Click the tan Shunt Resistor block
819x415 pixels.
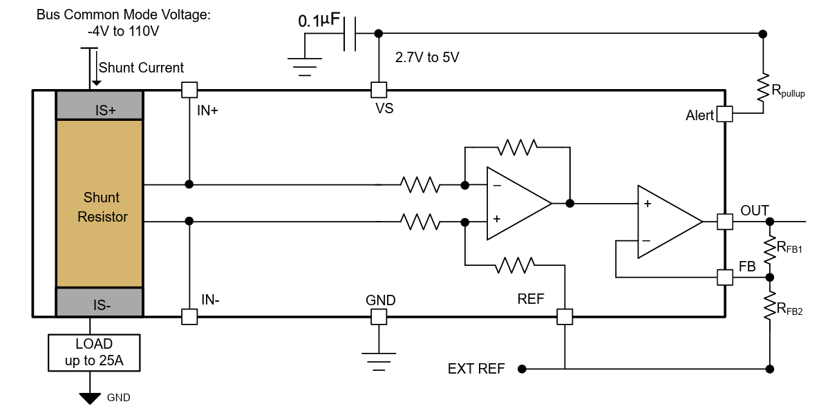(100, 204)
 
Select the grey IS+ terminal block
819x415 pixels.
(100, 105)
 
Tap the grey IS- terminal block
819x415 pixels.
(100, 302)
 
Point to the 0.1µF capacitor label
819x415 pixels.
(319, 21)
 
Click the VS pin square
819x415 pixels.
(378, 90)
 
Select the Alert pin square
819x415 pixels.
(724, 114)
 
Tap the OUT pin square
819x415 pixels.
(724, 222)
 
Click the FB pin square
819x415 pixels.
(724, 277)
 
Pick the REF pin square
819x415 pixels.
(565, 317)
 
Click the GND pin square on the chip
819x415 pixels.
(378, 317)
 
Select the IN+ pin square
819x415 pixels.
(189, 90)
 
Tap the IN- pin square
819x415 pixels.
(189, 317)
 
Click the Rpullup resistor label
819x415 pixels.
(788, 91)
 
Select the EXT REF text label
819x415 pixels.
(476, 369)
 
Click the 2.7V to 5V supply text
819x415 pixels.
(426, 58)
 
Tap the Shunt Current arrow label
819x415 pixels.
(141, 68)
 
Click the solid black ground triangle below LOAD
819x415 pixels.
(89, 398)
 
